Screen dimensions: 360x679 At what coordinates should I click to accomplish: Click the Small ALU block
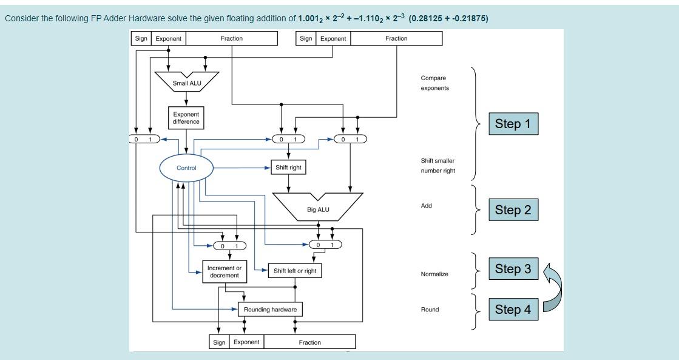186,81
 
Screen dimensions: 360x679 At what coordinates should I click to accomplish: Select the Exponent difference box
186,118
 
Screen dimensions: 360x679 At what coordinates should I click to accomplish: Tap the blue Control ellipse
186,168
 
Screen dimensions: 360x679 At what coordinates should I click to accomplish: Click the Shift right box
288,167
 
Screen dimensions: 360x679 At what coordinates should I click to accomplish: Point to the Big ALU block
318,206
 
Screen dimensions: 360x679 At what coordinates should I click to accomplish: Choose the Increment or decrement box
224,271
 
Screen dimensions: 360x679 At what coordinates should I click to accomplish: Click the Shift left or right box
295,271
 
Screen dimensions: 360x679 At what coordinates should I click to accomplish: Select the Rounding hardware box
270,310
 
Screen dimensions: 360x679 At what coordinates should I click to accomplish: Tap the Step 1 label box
513,124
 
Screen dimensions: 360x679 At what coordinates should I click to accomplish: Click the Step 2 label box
513,210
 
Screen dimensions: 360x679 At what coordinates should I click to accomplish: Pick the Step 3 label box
513,269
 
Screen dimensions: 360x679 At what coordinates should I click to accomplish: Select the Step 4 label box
513,310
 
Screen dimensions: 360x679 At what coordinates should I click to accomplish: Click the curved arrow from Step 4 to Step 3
556,286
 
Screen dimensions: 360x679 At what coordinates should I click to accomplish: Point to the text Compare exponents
434,83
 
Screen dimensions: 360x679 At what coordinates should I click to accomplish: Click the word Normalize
434,274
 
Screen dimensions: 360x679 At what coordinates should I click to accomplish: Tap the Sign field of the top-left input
141,38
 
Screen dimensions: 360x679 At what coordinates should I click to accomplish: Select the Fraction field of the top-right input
396,38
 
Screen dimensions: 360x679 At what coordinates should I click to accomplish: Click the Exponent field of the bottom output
246,342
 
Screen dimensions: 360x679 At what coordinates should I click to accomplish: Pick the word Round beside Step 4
430,310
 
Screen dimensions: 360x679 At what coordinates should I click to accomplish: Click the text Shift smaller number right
437,166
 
